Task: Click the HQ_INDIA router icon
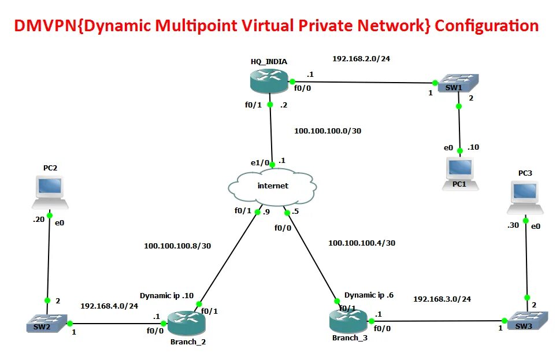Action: coord(269,80)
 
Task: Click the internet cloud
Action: coord(272,186)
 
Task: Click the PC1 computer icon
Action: coord(461,170)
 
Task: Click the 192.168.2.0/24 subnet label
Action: coord(361,58)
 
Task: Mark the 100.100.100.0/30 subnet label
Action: coord(328,131)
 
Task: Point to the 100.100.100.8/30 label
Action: coord(177,246)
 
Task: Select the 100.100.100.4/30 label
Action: coord(362,243)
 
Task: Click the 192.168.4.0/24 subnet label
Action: coord(109,306)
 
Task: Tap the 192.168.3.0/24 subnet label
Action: coord(442,299)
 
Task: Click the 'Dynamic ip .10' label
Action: coord(166,295)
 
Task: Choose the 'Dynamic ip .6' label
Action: coord(369,295)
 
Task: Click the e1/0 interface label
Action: coord(259,163)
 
